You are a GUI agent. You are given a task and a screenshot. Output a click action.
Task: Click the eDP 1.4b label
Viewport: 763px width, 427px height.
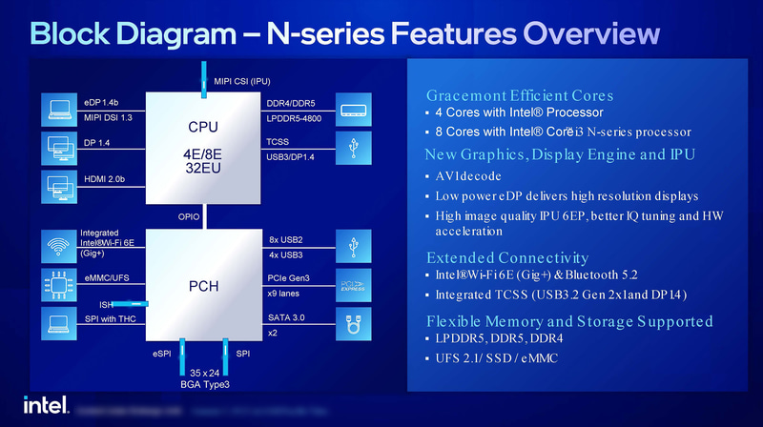[x=101, y=101]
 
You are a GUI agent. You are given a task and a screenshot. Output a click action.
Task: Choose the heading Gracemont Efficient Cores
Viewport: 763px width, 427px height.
[x=519, y=95]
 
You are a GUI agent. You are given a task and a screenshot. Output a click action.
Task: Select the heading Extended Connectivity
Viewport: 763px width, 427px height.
[x=506, y=257]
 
